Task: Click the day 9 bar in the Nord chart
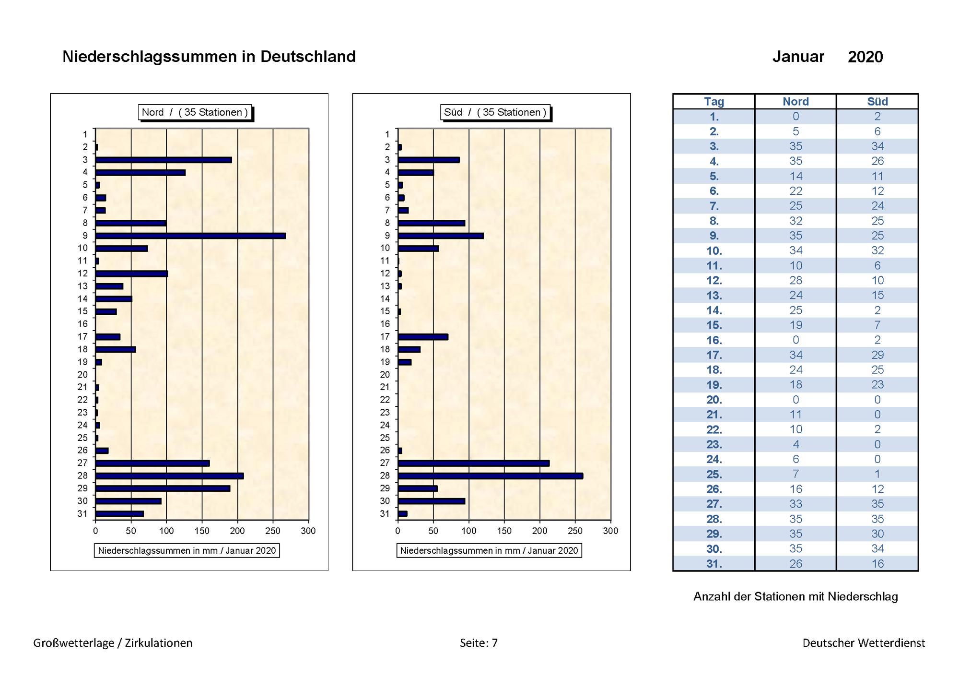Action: [191, 236]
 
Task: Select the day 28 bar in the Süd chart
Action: [491, 476]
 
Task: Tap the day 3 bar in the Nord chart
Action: [164, 160]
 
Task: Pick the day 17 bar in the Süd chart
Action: [423, 337]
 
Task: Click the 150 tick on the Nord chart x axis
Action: [202, 531]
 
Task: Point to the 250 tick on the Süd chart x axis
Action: [575, 531]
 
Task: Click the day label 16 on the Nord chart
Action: [83, 324]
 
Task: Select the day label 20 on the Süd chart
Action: [385, 374]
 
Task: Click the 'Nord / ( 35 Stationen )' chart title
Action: [195, 112]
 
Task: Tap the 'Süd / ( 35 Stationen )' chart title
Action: [495, 112]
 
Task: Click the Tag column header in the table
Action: [714, 102]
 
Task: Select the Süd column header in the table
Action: [877, 102]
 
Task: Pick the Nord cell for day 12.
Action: [796, 280]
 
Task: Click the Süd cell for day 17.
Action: [877, 355]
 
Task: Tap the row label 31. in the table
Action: [714, 564]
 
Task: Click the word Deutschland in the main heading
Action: [308, 57]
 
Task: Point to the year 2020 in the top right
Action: [865, 57]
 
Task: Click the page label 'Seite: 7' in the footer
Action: [479, 643]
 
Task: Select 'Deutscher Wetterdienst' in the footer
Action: [864, 643]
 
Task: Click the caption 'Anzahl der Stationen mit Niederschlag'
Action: [796, 596]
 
